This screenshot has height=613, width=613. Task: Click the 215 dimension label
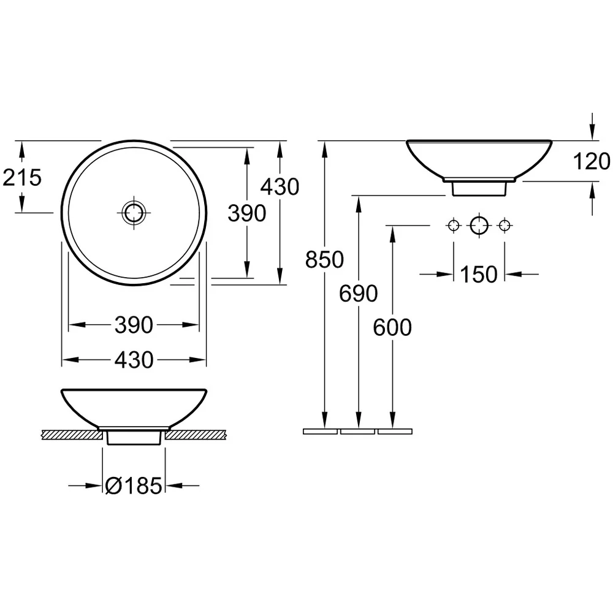[x=22, y=178]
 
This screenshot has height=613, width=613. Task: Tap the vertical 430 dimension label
[x=280, y=186]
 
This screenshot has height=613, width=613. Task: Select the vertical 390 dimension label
[x=247, y=213]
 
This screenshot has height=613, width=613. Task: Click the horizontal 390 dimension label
[x=134, y=325]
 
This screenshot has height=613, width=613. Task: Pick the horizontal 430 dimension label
[x=134, y=360]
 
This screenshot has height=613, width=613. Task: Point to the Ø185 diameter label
[x=134, y=486]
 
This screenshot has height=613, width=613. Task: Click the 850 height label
[x=324, y=259]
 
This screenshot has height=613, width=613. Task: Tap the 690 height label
[x=359, y=293]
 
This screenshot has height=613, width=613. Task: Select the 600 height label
[x=392, y=327]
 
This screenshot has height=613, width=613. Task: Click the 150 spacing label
[x=479, y=275]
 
